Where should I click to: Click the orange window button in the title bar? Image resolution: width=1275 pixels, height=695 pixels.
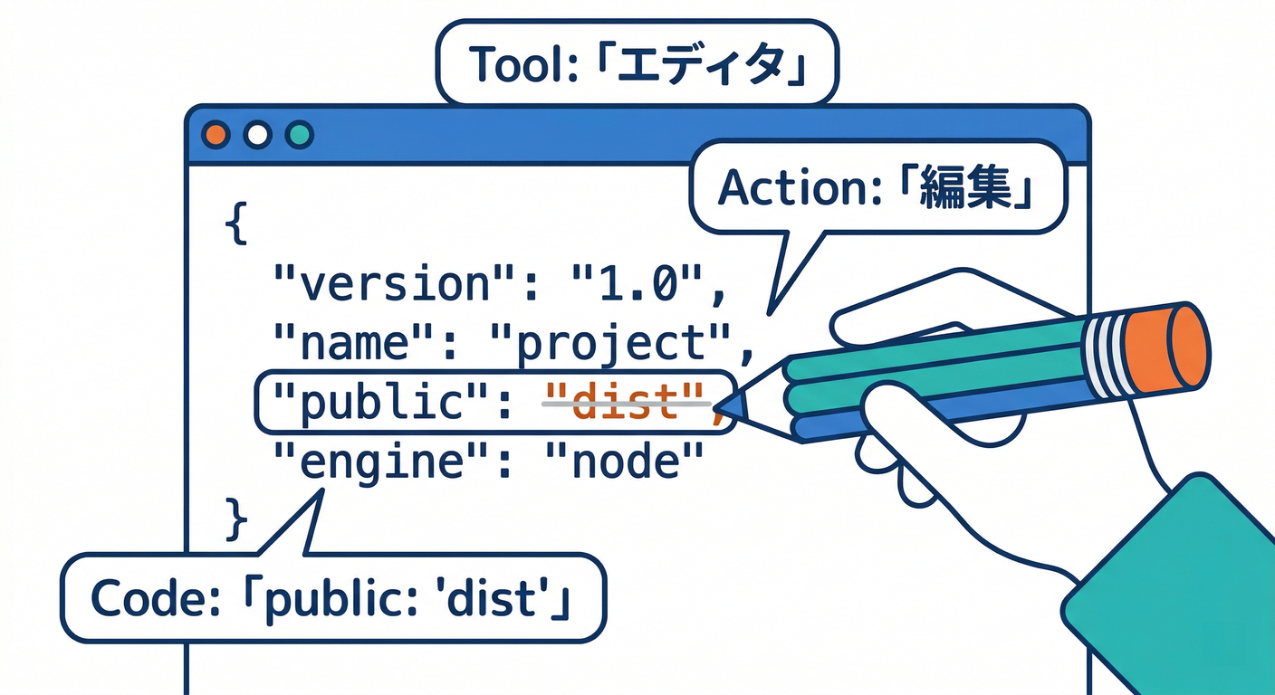[216, 136]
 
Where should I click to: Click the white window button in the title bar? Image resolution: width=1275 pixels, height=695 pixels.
[257, 136]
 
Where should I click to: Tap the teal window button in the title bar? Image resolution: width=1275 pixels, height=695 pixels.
[299, 136]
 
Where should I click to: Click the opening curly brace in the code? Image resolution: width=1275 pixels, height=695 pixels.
[235, 225]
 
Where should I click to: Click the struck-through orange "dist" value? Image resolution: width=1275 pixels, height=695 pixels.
[625, 404]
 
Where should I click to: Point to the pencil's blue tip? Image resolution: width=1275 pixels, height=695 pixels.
[734, 405]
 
